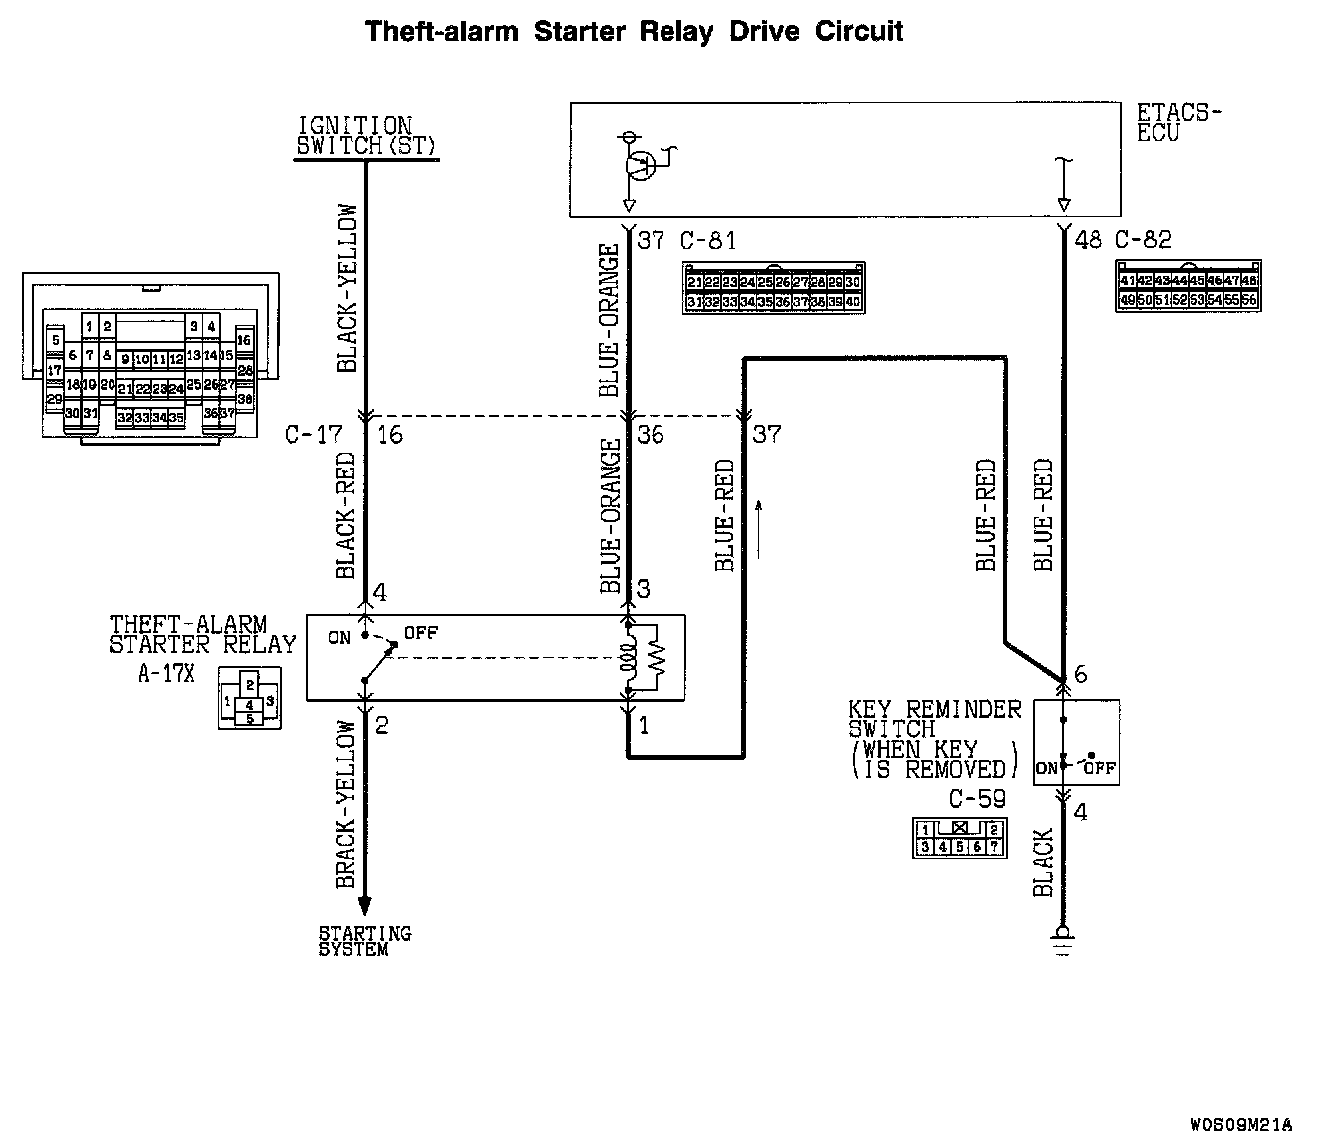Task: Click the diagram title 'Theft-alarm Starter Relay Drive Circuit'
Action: [x=634, y=31]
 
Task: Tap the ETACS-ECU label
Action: [x=1178, y=122]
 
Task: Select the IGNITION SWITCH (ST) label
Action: [x=356, y=136]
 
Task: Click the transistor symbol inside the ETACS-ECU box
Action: [x=640, y=165]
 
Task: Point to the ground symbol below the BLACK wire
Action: [x=1064, y=939]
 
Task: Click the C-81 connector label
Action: [x=708, y=241]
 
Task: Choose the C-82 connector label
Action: [x=1143, y=241]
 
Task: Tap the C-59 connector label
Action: [x=977, y=799]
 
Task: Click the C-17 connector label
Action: [x=313, y=435]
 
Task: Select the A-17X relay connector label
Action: [x=165, y=673]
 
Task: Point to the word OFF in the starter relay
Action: [x=420, y=633]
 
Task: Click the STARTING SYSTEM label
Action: [x=364, y=941]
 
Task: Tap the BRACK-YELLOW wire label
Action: [x=346, y=805]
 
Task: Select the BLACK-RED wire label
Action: [x=346, y=517]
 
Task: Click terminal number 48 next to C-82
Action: [x=1088, y=241]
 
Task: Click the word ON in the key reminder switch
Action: [x=1046, y=768]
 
